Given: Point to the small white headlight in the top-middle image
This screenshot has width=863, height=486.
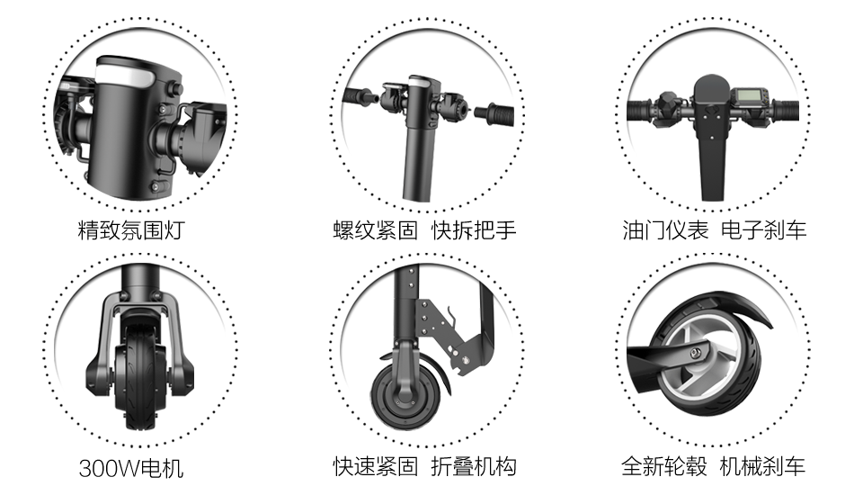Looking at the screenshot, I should pyautogui.click(x=418, y=84).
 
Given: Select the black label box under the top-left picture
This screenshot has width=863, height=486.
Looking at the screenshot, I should pyautogui.click(x=131, y=230).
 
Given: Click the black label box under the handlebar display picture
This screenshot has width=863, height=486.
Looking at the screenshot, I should pyautogui.click(x=714, y=230).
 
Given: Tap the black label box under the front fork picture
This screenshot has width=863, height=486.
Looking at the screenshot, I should pyautogui.click(x=131, y=469).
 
